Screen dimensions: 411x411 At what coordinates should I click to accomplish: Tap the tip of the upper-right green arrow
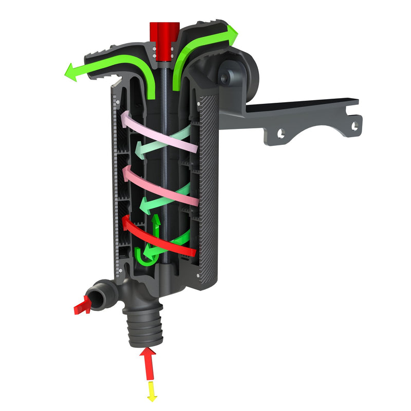235,32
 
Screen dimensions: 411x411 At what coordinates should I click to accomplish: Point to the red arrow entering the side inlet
82,307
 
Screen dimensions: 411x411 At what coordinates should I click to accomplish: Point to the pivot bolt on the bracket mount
225,78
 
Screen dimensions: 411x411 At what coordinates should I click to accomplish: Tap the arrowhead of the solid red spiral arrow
126,222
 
